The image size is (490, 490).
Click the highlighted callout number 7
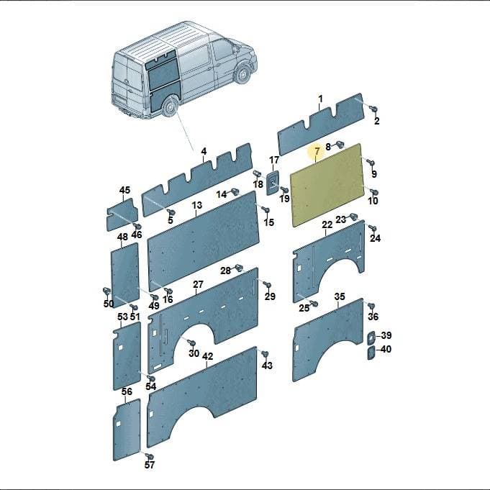tap(317, 152)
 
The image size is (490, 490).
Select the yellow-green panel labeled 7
tap(327, 185)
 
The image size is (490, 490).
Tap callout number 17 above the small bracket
tap(274, 160)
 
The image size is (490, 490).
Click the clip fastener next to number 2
tap(373, 109)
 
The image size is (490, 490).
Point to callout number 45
tap(124, 190)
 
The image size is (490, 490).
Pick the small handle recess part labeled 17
tap(272, 183)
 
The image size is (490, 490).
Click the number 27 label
tap(198, 284)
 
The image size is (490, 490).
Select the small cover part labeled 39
tap(371, 337)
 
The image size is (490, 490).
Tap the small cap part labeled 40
tap(371, 353)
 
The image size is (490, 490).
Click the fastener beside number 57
tap(150, 456)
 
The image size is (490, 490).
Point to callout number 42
tap(207, 356)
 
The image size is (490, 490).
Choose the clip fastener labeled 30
tap(191, 342)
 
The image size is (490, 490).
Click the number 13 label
tap(197, 205)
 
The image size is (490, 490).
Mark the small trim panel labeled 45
tap(122, 214)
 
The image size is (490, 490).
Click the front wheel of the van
tap(242, 73)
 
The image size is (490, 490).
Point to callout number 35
tap(340, 296)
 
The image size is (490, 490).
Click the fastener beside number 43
tap(264, 355)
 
